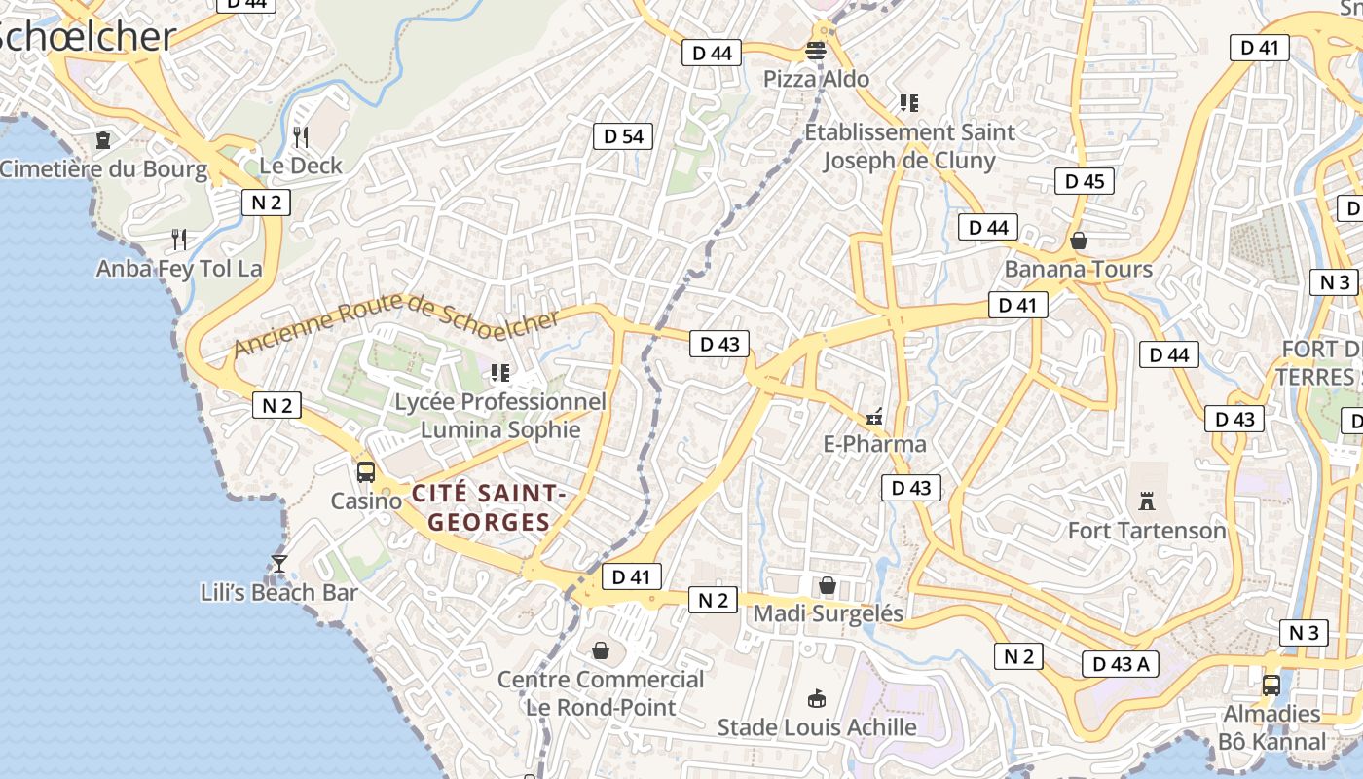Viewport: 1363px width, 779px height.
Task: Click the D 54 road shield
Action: [623, 136]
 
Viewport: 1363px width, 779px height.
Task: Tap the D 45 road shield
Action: [1085, 181]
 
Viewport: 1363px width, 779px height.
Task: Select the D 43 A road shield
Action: [1120, 665]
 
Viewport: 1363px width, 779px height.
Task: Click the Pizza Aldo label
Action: [816, 79]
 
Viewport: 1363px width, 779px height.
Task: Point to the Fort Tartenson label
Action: [1147, 531]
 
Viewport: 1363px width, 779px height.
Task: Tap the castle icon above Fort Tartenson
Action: [1147, 501]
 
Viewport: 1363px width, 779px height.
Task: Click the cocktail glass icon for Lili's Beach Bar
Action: [279, 564]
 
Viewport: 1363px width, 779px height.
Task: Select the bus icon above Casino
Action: [366, 472]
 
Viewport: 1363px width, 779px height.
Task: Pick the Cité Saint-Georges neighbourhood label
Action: [489, 507]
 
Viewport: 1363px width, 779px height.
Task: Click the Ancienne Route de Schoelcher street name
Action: [397, 325]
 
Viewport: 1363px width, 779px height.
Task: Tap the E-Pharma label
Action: [875, 445]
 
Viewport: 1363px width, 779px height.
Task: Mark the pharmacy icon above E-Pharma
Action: [874, 417]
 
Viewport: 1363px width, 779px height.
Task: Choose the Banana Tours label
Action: [1079, 269]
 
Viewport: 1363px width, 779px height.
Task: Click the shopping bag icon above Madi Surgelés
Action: [827, 585]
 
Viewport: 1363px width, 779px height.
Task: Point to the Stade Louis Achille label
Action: [817, 727]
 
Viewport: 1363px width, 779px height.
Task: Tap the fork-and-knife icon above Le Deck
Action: [301, 136]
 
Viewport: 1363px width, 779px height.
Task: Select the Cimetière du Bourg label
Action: [103, 169]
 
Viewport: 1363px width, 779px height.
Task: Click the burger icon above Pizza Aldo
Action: [816, 51]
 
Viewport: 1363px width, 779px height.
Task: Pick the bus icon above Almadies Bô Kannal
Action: [1271, 685]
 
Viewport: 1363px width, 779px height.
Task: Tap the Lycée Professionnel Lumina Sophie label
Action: [500, 416]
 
